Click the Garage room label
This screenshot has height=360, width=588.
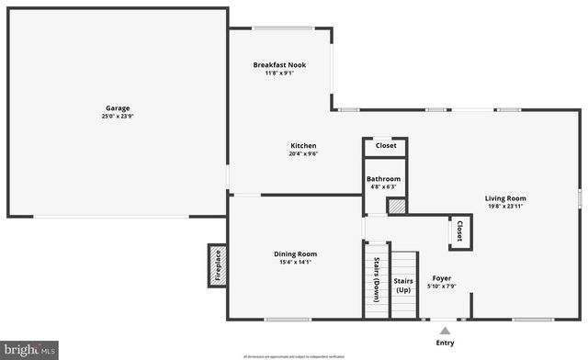[116, 108]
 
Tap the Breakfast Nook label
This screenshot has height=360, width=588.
[279, 64]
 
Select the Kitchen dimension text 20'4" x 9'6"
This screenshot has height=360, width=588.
[303, 154]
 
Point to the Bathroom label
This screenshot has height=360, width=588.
[383, 178]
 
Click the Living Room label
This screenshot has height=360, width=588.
[505, 197]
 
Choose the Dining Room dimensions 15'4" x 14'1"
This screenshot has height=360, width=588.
[295, 263]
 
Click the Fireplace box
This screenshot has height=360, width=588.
[218, 266]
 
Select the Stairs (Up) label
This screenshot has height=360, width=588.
[403, 285]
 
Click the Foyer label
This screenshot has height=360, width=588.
[442, 277]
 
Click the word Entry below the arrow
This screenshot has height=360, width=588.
[445, 343]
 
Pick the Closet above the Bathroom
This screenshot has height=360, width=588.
[386, 146]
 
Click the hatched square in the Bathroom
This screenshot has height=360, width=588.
[396, 207]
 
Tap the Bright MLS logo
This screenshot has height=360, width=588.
[30, 349]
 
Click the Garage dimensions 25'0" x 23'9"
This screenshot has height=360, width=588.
[116, 118]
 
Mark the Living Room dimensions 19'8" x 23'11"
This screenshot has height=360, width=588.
[505, 207]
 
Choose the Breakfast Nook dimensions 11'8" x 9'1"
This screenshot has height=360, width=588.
[279, 73]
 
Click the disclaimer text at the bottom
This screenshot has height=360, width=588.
[294, 355]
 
